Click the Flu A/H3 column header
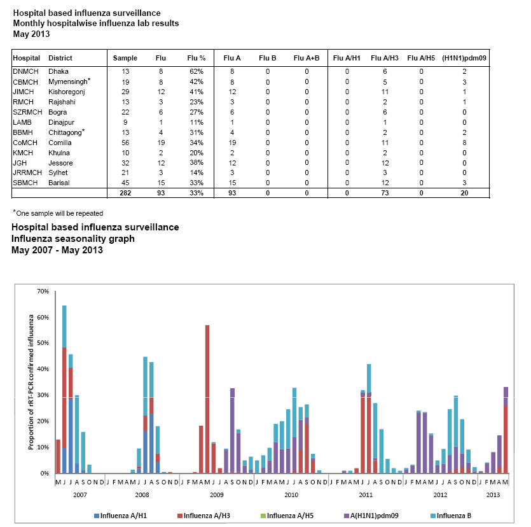coord(384,58)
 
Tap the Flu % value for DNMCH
coord(196,72)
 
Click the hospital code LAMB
coord(22,123)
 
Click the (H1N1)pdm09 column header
coord(464,58)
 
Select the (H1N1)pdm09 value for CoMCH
coord(464,143)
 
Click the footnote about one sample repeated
coord(58,213)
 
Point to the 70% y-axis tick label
coord(43,291)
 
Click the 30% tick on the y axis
coord(43,395)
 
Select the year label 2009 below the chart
coord(216,494)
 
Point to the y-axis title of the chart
coord(31,381)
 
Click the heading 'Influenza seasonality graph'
coord(73,239)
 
